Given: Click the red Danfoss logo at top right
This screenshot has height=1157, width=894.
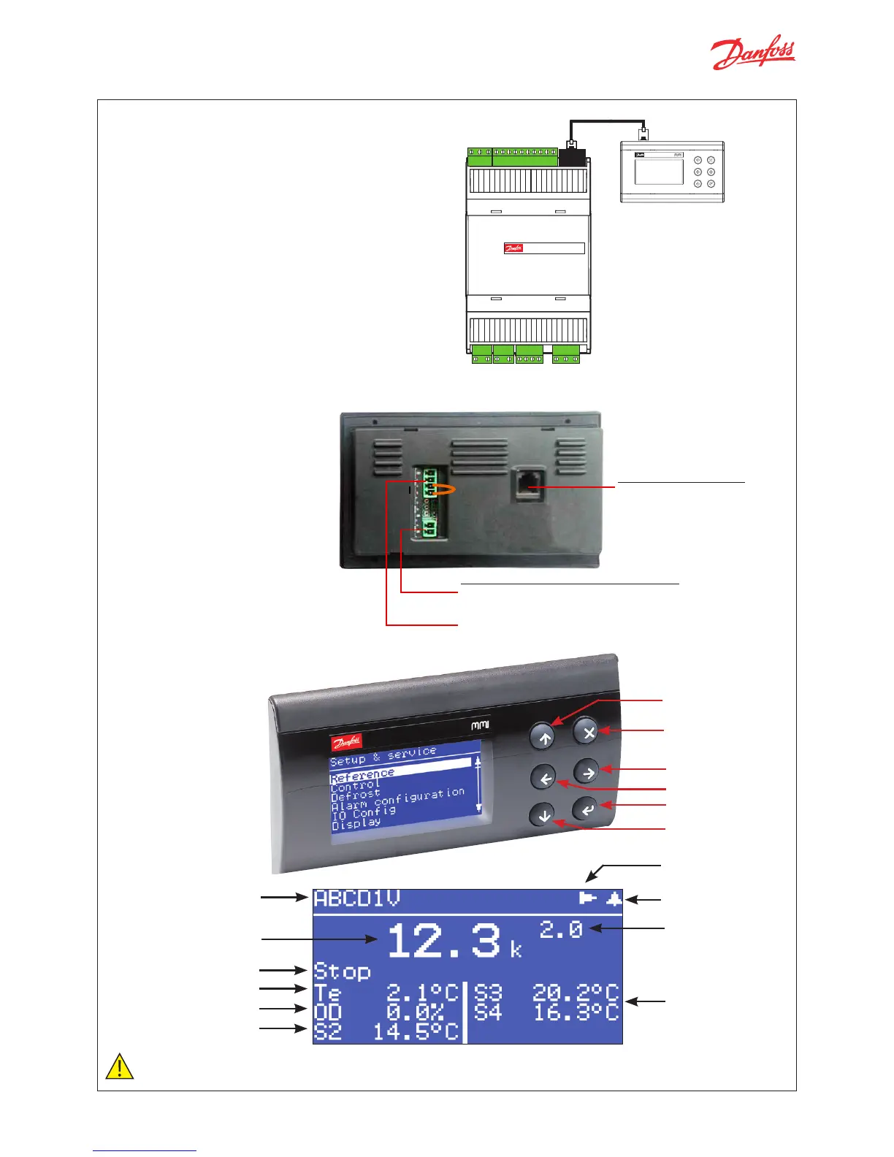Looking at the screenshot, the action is pos(753,53).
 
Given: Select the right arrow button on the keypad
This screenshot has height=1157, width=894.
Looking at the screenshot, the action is pos(586,771).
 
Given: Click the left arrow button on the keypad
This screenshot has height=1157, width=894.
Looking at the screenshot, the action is pos(544,779).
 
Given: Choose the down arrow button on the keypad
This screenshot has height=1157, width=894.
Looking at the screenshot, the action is pos(543,814).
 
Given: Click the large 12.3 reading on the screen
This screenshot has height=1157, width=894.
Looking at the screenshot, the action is pos(445,942).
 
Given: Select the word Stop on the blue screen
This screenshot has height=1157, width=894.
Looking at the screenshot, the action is pos(342,971).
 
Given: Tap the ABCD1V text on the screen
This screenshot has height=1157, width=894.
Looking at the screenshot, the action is pos(357,899).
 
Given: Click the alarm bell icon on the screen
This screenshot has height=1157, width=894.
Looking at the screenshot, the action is pos(614,898).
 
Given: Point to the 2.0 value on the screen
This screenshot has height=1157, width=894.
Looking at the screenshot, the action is pos(561,929).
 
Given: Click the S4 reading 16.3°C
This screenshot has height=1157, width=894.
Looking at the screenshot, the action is pos(576,1012).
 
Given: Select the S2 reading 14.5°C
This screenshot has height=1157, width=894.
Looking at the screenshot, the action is pos(416,1031).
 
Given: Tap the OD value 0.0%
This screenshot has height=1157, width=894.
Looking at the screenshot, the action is pos(416,1012).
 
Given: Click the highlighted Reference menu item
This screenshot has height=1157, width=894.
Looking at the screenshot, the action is pos(362,775).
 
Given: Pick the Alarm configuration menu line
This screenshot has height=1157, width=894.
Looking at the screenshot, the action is pos(397,799).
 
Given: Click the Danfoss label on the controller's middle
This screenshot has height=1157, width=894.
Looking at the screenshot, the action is pos(513,248).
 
